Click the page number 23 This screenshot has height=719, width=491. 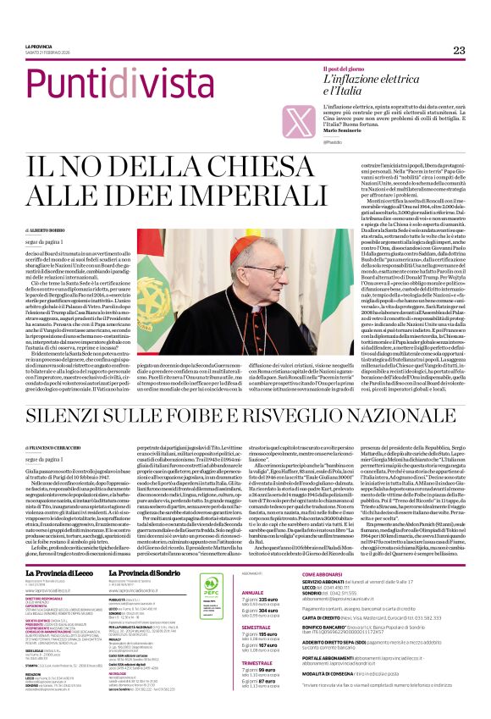tap(460, 51)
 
